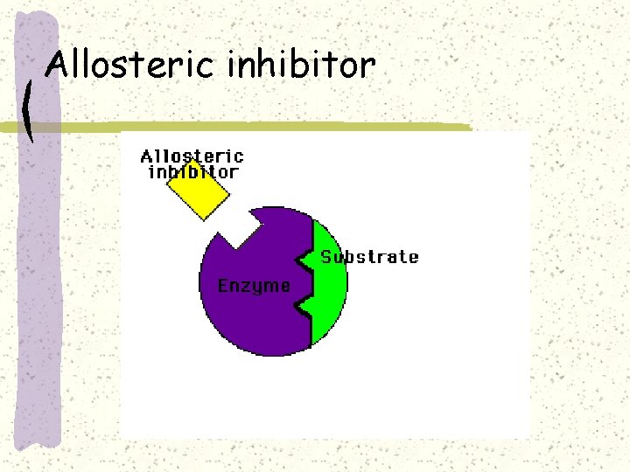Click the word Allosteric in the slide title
(x=131, y=66)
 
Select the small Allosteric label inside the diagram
(x=192, y=156)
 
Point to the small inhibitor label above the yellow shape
(x=192, y=172)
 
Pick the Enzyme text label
(x=254, y=287)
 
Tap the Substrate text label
(x=369, y=257)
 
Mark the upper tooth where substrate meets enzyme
(x=303, y=259)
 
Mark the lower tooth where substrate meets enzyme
(x=303, y=306)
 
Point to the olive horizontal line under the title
(x=262, y=128)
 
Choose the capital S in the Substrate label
(x=326, y=257)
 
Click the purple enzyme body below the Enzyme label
(x=254, y=323)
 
